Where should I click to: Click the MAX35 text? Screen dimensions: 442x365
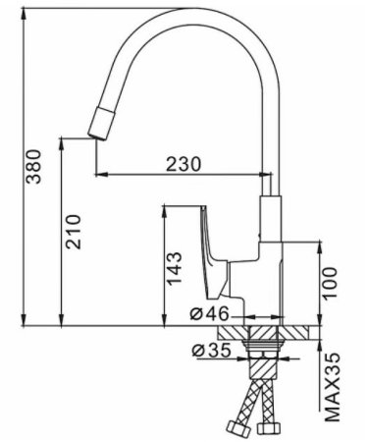coord(334,388)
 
